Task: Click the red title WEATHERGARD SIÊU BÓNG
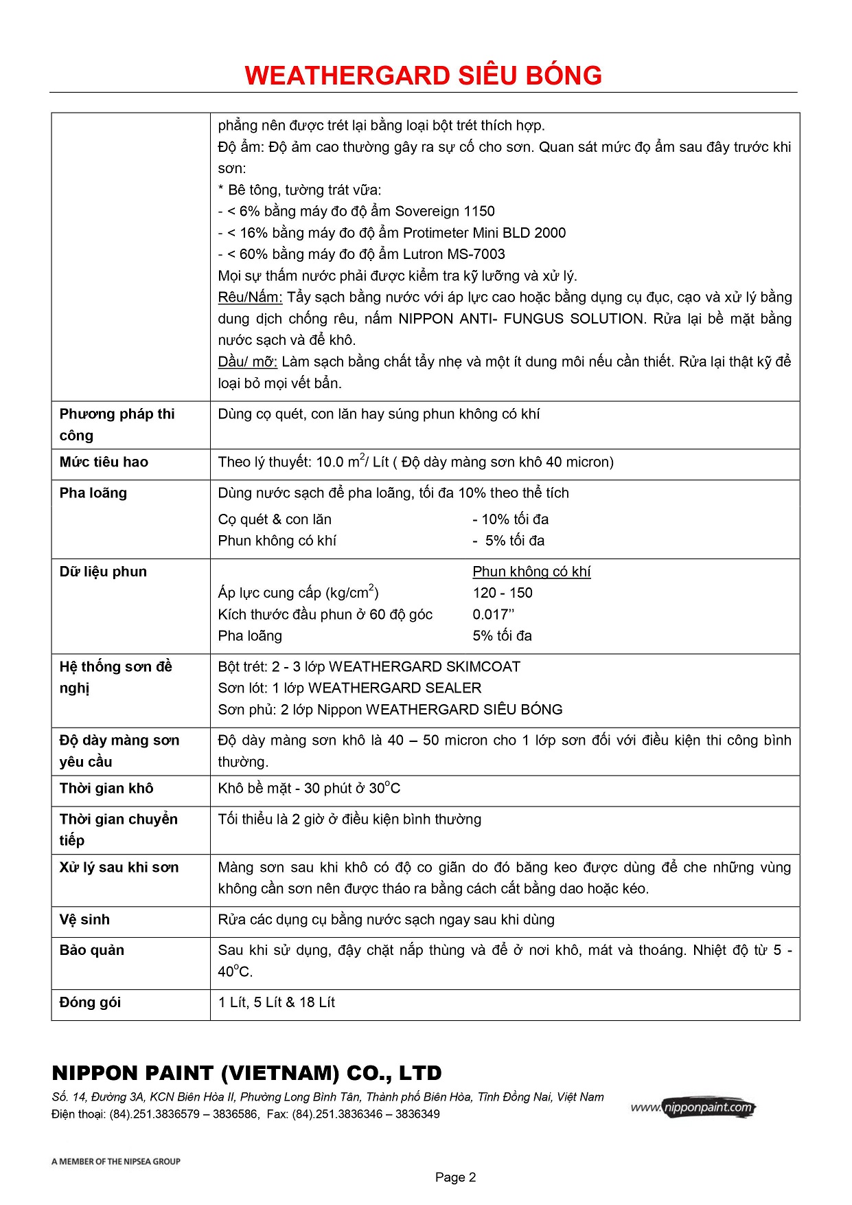click(423, 76)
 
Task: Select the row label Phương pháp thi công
click(117, 425)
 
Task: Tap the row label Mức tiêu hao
click(104, 462)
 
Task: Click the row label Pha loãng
click(93, 493)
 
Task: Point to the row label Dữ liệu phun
click(103, 572)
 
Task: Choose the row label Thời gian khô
click(106, 789)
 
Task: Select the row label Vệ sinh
click(84, 920)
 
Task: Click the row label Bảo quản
click(92, 951)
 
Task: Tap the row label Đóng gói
click(90, 1003)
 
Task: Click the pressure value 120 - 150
click(503, 594)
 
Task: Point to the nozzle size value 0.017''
click(493, 615)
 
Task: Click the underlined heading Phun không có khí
click(531, 572)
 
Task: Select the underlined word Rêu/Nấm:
click(250, 297)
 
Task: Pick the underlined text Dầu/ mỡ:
click(247, 362)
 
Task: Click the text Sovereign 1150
click(445, 212)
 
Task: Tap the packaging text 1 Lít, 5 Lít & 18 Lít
click(276, 1003)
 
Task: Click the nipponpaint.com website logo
click(693, 1107)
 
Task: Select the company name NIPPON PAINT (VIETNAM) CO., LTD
click(246, 1073)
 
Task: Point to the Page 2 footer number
click(455, 1178)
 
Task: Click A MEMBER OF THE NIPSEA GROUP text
click(116, 1162)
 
